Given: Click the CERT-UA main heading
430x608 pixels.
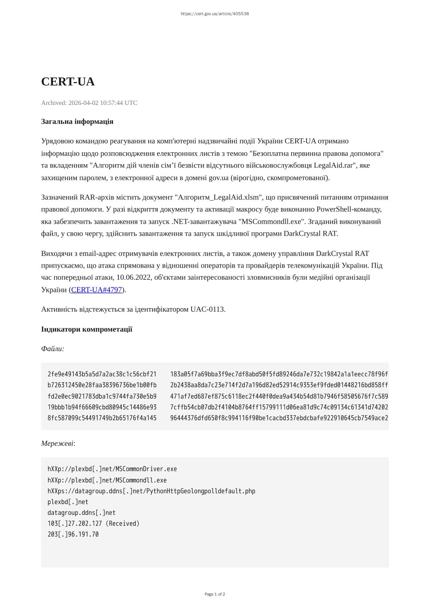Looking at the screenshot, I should coord(68,82).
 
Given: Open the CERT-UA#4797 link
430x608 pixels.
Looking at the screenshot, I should coord(97,290).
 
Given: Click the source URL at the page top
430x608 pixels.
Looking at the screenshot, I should coord(215,14).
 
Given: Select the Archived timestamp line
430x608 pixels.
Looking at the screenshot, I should coord(89,103).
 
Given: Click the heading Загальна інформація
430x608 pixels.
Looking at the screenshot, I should coord(77,122).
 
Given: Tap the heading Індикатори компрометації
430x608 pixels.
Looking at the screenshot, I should coord(87,329).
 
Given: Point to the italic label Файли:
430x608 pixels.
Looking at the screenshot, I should coord(53,349).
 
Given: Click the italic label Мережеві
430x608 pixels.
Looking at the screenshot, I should coord(57,444).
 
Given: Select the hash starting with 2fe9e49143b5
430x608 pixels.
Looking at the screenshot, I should coord(102,374).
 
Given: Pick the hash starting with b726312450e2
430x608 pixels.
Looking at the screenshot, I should coord(102,385).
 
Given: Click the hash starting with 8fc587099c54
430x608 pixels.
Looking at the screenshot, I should coord(102,418).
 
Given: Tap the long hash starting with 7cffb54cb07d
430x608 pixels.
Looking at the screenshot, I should coord(279,407).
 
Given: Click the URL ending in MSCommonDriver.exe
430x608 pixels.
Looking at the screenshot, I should coord(112,469).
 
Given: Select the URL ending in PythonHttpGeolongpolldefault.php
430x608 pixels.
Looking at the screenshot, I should coord(151,491).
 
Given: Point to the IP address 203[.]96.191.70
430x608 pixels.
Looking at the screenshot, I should coord(73,535).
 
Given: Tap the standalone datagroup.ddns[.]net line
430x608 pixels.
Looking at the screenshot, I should coord(81,513).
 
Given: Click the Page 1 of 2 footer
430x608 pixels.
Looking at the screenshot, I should coord(215,594).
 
